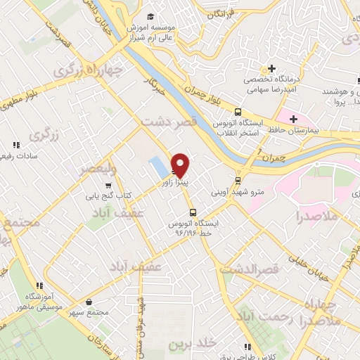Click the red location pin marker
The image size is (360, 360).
(181, 165)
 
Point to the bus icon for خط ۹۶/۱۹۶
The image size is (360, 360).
(191, 212)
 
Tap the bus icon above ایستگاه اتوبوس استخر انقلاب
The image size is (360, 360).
(238, 111)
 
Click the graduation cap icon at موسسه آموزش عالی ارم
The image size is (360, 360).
(148, 16)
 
